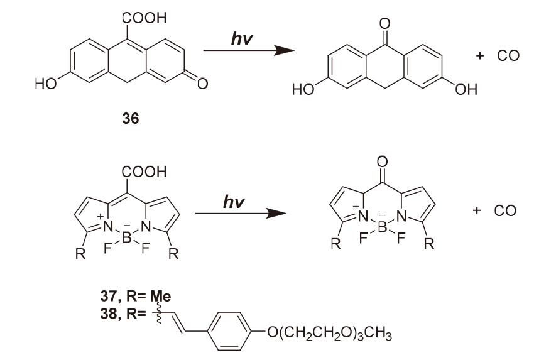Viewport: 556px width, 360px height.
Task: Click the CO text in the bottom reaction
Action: pos(504,210)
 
